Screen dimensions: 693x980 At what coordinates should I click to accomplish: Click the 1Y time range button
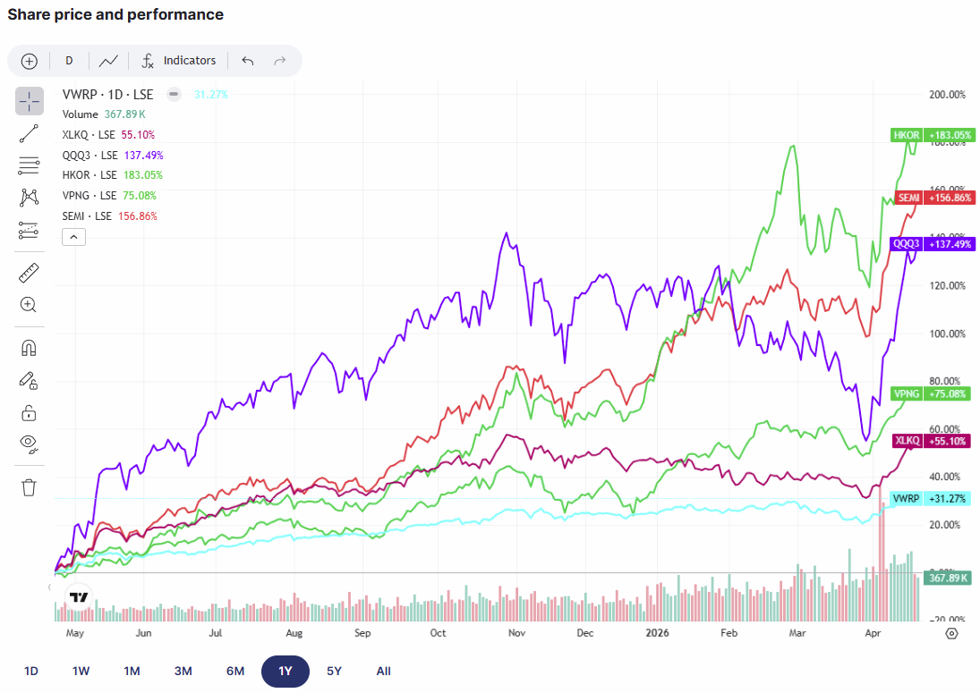click(285, 671)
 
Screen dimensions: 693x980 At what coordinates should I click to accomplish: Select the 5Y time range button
click(334, 671)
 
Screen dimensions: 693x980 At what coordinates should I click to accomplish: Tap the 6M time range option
click(235, 671)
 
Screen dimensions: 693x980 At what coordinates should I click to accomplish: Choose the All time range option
click(384, 671)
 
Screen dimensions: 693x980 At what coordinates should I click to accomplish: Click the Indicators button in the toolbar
click(179, 61)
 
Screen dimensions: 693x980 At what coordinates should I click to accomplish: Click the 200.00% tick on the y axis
click(948, 95)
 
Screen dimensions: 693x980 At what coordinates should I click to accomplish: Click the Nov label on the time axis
click(516, 632)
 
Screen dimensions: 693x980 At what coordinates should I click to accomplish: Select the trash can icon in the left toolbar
click(29, 486)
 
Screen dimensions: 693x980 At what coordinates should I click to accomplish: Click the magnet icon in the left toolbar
click(29, 348)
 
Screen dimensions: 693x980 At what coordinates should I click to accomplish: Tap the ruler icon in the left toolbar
click(29, 273)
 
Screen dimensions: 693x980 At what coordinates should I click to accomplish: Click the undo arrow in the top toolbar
click(248, 61)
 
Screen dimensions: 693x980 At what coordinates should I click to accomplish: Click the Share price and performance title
click(115, 14)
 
